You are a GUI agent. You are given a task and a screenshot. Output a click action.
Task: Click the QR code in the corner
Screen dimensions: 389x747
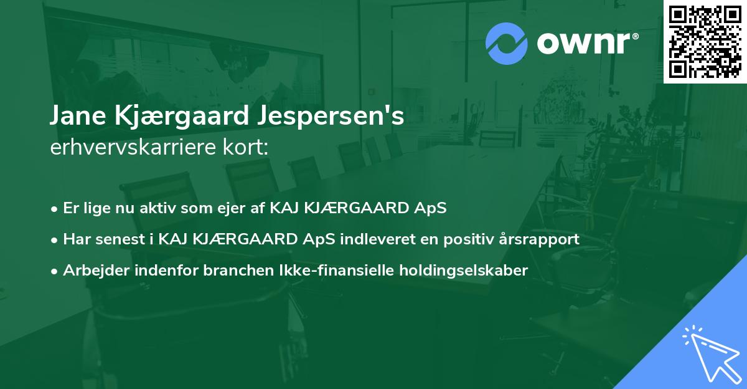[705, 42]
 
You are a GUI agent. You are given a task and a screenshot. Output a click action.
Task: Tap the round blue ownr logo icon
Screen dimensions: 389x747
[506, 44]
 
